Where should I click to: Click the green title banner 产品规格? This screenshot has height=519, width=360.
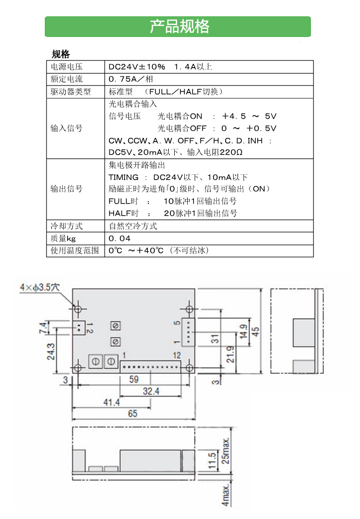[x=178, y=26]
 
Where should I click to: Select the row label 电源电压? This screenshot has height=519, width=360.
[x=67, y=67]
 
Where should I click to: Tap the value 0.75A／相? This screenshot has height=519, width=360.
[x=131, y=79]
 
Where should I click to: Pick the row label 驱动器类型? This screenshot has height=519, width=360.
[x=71, y=92]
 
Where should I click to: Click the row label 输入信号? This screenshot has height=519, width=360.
[x=67, y=128]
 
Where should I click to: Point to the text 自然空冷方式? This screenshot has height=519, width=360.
[x=133, y=226]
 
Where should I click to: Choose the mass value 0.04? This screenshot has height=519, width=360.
[x=120, y=238]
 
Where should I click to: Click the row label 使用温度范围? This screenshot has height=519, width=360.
[x=75, y=251]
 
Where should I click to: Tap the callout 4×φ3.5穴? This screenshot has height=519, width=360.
[x=40, y=287]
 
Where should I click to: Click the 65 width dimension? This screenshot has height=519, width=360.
[x=132, y=413]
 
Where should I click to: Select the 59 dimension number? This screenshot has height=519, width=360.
[x=133, y=379]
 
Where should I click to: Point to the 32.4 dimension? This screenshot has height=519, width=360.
[x=151, y=391]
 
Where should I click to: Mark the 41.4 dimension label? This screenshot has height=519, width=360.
[x=111, y=402]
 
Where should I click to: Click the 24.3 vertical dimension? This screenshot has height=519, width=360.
[x=50, y=351]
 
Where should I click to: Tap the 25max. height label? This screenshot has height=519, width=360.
[x=225, y=451]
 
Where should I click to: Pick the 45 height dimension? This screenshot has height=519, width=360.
[x=255, y=332]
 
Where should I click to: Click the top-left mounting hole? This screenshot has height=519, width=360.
[x=78, y=310]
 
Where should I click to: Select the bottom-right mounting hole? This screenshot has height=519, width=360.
[x=189, y=368]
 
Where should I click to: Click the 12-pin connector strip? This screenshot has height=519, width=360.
[x=151, y=367]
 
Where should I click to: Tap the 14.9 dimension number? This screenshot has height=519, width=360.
[x=243, y=331]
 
